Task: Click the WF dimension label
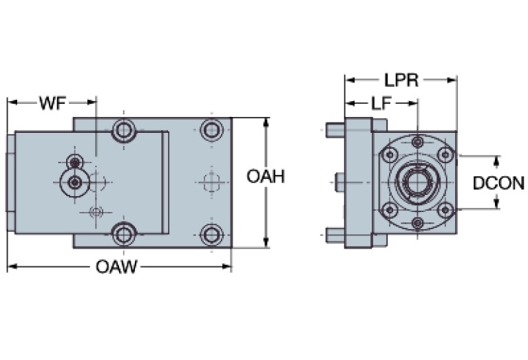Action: (52, 103)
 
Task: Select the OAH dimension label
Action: (266, 177)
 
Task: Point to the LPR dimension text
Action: (402, 80)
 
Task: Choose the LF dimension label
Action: (383, 103)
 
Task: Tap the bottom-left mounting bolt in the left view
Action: (124, 234)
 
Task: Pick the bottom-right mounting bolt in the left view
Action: (211, 234)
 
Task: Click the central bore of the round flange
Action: (417, 182)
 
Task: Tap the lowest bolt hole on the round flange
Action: (417, 222)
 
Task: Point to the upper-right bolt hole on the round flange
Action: (445, 153)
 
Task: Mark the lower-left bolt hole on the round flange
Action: (390, 210)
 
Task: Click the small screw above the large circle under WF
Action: (75, 162)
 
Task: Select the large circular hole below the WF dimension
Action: (74, 182)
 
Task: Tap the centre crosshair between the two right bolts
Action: (211, 182)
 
